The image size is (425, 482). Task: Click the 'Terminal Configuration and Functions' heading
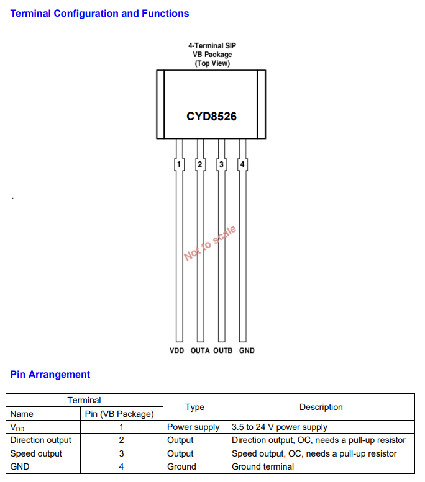click(x=99, y=14)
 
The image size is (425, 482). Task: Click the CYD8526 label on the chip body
click(x=212, y=117)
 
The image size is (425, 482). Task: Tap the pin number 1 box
click(x=179, y=164)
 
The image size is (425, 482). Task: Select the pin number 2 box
click(x=200, y=164)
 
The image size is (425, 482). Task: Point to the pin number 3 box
click(x=221, y=164)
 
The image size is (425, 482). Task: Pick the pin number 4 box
click(x=242, y=164)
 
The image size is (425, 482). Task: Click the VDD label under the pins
click(x=177, y=350)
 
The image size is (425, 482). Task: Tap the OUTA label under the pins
click(x=200, y=350)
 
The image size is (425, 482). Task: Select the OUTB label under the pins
click(x=223, y=350)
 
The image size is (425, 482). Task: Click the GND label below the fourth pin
click(x=247, y=350)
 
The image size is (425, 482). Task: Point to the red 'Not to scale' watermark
click(x=210, y=243)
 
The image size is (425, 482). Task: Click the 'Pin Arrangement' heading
click(x=50, y=375)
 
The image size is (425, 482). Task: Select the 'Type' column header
click(x=195, y=407)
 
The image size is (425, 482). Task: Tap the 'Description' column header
click(x=321, y=407)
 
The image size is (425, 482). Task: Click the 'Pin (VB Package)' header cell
click(x=119, y=414)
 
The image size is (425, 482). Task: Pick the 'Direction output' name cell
click(x=40, y=440)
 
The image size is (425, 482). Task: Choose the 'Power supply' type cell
click(x=193, y=427)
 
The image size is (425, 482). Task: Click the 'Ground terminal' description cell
click(x=263, y=466)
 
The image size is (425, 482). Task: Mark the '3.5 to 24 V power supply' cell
click(x=280, y=427)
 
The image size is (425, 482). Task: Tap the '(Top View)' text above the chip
click(x=212, y=63)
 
